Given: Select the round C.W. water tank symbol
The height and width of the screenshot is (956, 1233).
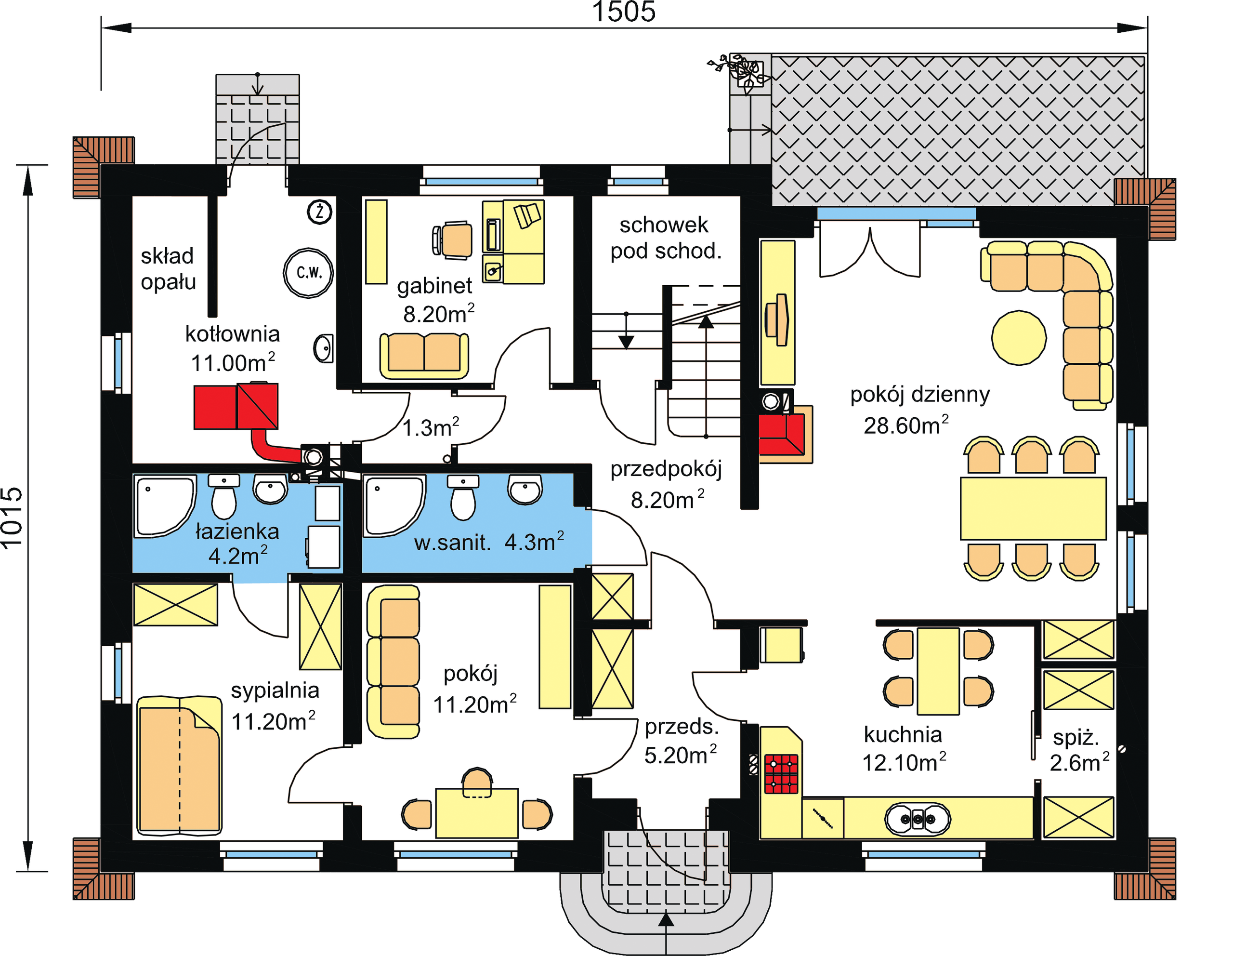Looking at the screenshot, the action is [x=308, y=273].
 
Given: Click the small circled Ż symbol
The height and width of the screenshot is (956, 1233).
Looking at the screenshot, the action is [x=319, y=212].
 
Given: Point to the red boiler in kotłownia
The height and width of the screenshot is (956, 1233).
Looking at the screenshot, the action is [x=236, y=406].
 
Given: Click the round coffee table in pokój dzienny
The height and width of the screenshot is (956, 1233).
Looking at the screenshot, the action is [x=1019, y=338].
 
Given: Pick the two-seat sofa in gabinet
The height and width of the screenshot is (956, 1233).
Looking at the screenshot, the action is [x=424, y=355].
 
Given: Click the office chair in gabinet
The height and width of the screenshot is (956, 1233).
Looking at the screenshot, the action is [x=452, y=240].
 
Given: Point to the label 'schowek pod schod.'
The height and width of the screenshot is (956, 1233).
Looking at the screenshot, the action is [x=665, y=238].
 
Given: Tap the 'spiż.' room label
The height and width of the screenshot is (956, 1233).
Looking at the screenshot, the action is [x=1076, y=737].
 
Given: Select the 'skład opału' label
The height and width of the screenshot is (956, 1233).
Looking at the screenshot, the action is [x=168, y=269].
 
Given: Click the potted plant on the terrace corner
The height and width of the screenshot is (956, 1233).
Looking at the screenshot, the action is [x=740, y=72].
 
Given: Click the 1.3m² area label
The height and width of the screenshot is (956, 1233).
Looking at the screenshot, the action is [x=430, y=427].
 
